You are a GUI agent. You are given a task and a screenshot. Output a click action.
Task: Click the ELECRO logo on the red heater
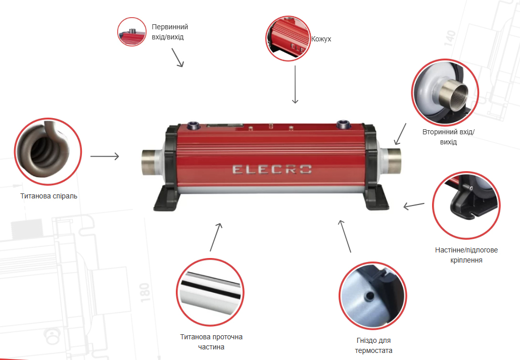[x=272, y=169]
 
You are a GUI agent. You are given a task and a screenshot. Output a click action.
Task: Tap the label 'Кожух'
[x=321, y=39]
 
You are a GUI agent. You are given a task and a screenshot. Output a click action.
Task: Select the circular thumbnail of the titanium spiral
[x=48, y=151]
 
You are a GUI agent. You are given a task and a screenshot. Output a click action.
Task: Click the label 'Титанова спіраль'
[x=49, y=196]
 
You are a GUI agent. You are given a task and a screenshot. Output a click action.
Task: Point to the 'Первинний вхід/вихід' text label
[x=170, y=32]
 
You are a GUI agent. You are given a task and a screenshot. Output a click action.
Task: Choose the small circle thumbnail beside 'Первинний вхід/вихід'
[x=132, y=32]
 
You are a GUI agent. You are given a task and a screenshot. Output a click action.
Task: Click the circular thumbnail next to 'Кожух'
[x=288, y=38]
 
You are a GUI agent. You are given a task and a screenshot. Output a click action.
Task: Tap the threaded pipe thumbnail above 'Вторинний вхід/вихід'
[x=445, y=92]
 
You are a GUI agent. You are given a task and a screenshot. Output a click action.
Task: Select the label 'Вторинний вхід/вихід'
[x=448, y=137]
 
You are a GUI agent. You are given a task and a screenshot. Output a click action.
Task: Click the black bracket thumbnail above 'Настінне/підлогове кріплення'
[x=466, y=205]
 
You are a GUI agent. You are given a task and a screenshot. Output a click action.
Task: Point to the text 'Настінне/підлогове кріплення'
[x=466, y=255]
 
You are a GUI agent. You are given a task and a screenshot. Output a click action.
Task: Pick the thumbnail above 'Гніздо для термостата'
[x=373, y=296]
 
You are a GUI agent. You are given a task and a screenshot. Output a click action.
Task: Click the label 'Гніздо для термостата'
[x=373, y=345]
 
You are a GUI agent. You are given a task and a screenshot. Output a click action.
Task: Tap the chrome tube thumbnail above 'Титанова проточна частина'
[x=210, y=292]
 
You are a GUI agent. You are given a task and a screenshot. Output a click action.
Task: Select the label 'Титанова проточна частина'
[x=211, y=342]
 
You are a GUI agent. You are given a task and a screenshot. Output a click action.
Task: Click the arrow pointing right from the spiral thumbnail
[x=105, y=156]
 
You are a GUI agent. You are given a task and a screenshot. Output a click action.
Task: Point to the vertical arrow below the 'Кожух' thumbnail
[x=295, y=84]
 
